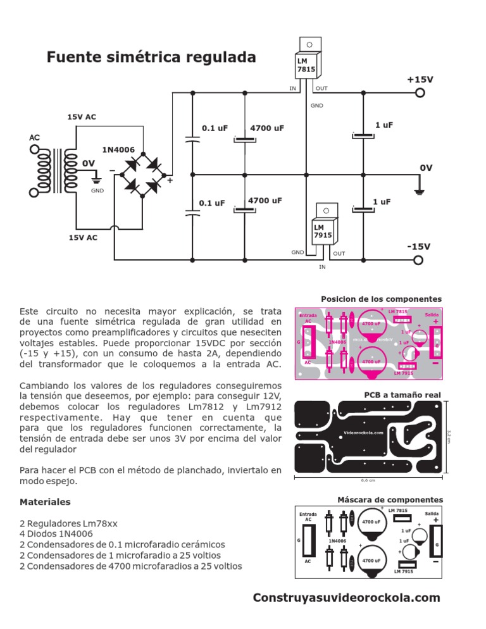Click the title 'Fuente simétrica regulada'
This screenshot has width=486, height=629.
[151, 58]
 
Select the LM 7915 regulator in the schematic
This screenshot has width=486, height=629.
[322, 227]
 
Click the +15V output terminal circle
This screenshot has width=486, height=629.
[419, 93]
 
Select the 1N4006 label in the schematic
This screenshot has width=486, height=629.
[118, 149]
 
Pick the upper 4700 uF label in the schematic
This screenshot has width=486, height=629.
[267, 128]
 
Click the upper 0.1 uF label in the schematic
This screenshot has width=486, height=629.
[215, 128]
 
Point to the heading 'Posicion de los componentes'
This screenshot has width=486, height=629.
[381, 299]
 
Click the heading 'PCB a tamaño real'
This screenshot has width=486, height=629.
[402, 395]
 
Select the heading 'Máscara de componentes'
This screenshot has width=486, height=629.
[390, 500]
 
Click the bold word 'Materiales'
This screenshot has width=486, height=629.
[45, 502]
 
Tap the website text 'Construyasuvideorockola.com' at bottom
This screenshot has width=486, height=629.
[346, 598]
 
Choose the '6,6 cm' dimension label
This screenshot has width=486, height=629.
[368, 480]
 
